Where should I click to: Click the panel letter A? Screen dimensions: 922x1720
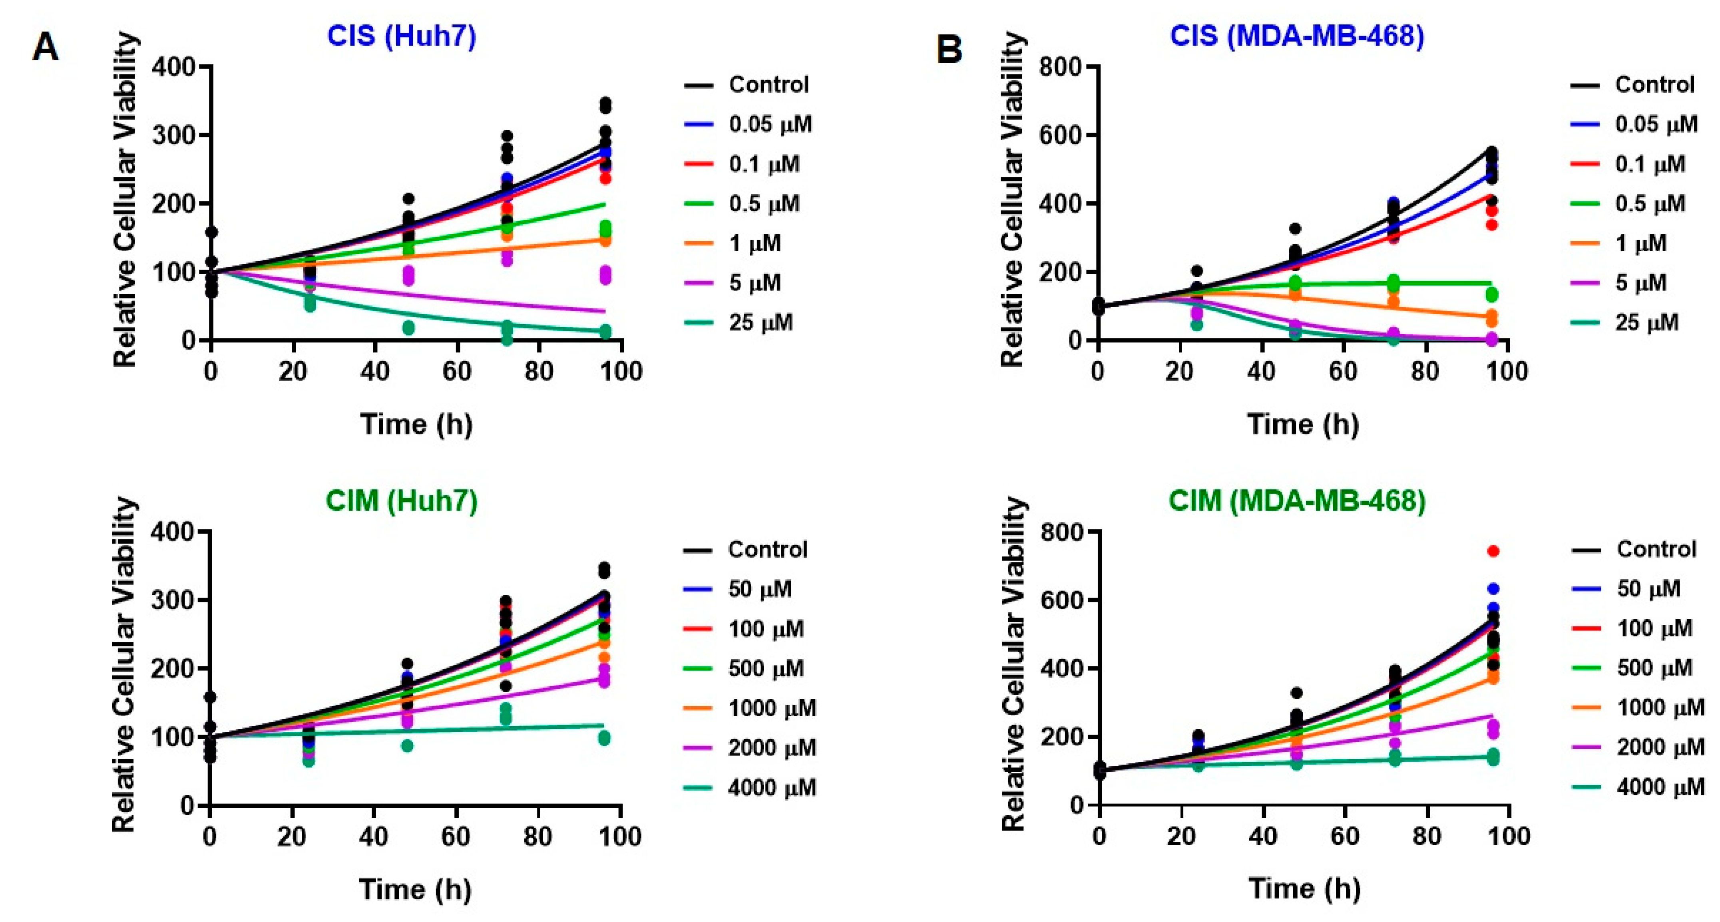coord(46,48)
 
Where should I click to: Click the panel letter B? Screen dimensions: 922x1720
coord(949,48)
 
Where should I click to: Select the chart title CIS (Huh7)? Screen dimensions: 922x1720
coord(401,36)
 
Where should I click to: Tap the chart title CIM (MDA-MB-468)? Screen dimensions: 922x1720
coord(1297,500)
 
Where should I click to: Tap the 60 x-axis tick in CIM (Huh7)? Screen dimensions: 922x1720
coord(456,837)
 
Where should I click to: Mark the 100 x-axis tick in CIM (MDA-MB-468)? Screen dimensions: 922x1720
coord(1509,837)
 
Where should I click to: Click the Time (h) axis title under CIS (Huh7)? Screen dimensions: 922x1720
coord(416,424)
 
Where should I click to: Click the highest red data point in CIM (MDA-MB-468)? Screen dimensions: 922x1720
coord(1493,551)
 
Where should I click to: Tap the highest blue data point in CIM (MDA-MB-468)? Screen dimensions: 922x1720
coord(1493,589)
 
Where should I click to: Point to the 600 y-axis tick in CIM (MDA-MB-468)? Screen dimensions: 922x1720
coord(1064,600)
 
